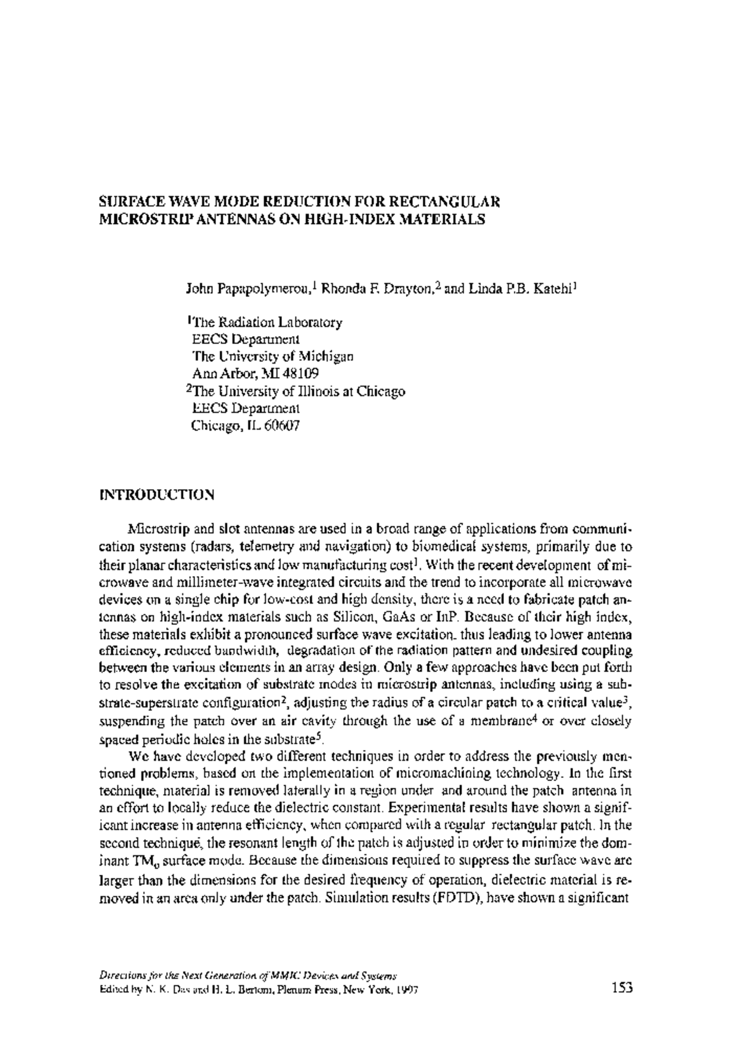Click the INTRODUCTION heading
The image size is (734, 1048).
[x=157, y=494]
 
